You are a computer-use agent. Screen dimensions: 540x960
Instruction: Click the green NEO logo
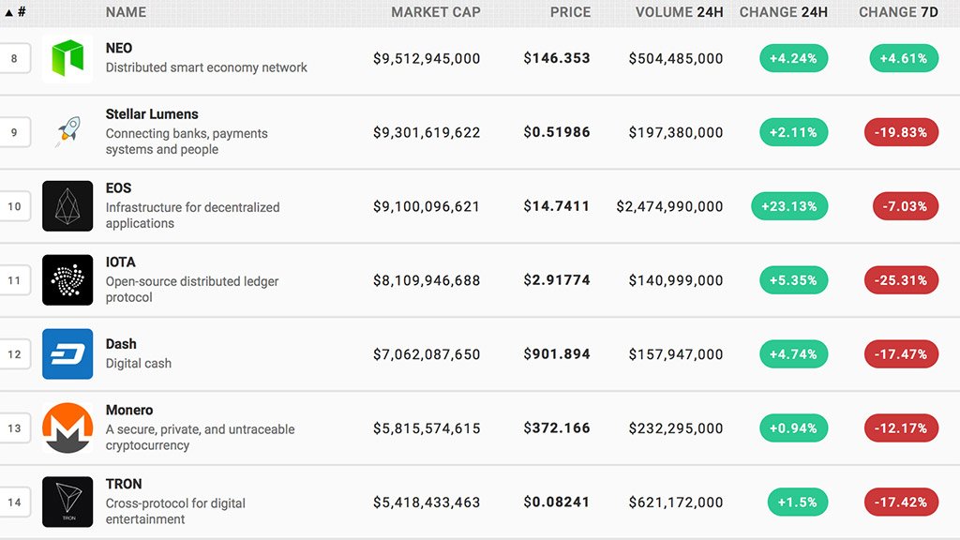pyautogui.click(x=67, y=58)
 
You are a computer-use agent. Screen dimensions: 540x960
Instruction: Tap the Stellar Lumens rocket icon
pyautogui.click(x=67, y=132)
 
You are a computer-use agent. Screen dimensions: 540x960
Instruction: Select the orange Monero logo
pyautogui.click(x=67, y=428)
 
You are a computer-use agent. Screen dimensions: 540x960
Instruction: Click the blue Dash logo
pyautogui.click(x=67, y=354)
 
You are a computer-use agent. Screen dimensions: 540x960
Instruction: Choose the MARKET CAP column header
pyautogui.click(x=436, y=12)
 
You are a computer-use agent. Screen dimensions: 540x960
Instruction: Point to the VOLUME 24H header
pyautogui.click(x=679, y=12)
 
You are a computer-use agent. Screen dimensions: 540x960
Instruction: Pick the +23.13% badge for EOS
pyautogui.click(x=789, y=206)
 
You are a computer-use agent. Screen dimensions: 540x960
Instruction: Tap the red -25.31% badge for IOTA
pyautogui.click(x=901, y=280)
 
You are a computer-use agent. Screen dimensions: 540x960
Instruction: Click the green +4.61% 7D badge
pyautogui.click(x=904, y=58)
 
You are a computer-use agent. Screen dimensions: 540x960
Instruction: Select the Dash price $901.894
pyautogui.click(x=557, y=354)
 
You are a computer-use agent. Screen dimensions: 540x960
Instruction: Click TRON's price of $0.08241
pyautogui.click(x=557, y=502)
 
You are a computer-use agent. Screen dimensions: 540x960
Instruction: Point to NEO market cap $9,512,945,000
pyautogui.click(x=427, y=58)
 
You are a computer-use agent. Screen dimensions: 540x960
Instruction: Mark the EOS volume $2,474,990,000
pyautogui.click(x=669, y=206)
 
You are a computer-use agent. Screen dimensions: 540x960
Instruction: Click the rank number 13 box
pyautogui.click(x=14, y=428)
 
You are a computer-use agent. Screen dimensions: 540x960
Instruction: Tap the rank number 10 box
pyautogui.click(x=14, y=206)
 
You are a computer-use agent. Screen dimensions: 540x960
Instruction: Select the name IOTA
pyautogui.click(x=121, y=262)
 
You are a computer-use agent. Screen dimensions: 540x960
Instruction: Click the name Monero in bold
pyautogui.click(x=129, y=411)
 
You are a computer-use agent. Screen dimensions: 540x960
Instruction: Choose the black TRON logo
pyautogui.click(x=67, y=502)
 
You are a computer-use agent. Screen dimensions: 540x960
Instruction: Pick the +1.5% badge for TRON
pyautogui.click(x=797, y=502)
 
